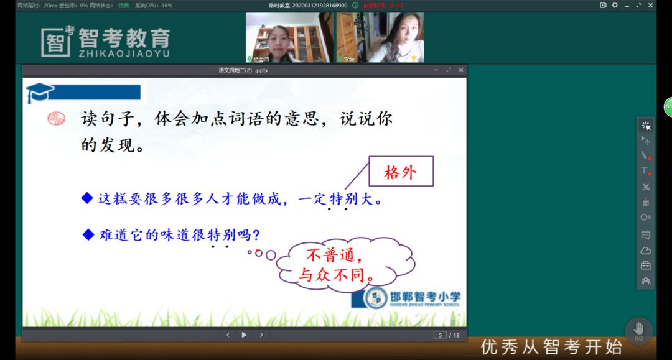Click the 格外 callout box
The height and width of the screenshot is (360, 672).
coord(401,172)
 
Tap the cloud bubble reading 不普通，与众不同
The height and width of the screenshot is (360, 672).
coord(343,264)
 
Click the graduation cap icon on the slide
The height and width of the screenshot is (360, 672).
coord(39,93)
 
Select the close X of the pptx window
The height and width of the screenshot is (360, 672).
coord(461,70)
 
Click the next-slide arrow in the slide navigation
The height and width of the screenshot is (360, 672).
coord(261,335)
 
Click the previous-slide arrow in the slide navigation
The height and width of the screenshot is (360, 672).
coord(228,335)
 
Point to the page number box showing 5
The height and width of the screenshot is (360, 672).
coord(440,335)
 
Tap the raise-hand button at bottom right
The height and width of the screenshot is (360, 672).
coord(638,330)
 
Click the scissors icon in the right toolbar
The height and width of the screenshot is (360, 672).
coord(646,187)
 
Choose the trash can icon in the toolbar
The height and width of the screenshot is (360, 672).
coord(646,202)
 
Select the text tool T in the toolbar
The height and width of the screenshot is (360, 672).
coord(645,171)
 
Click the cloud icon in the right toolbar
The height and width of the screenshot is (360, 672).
coord(646,251)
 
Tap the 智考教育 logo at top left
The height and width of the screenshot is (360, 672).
coord(106,41)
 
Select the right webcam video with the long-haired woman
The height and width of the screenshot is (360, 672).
coord(380,37)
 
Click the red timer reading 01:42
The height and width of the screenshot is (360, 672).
coord(396,5)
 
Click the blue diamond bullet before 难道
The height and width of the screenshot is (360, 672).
coord(88,235)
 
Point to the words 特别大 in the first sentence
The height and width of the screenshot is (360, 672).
coord(348,200)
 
